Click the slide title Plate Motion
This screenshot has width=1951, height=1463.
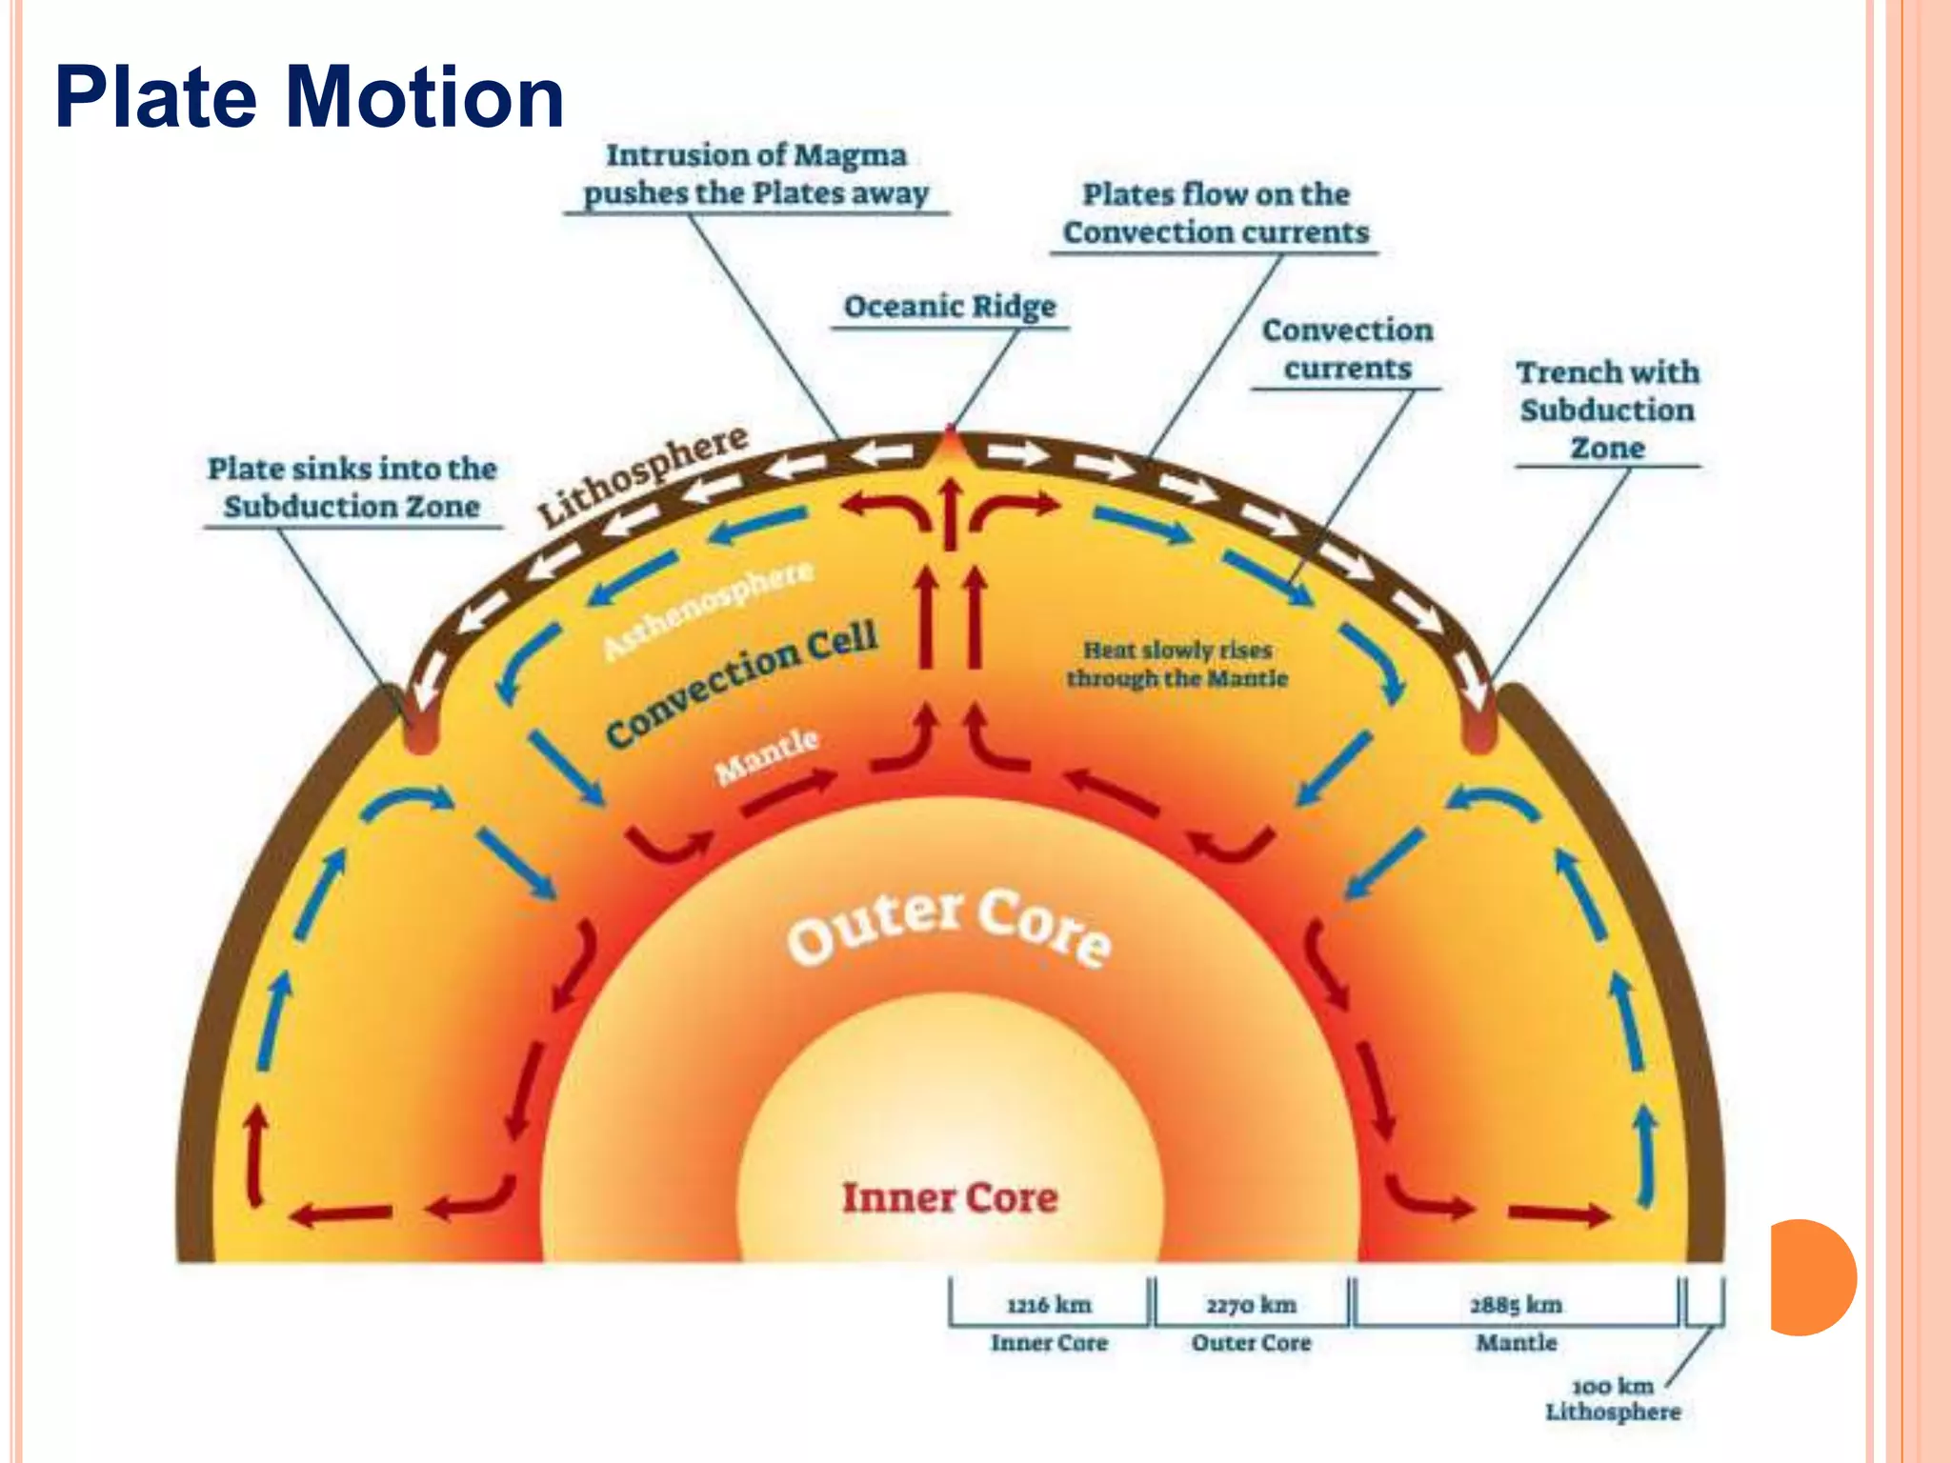click(310, 97)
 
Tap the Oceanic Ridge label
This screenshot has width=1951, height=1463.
click(950, 307)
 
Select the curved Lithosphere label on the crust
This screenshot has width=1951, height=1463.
click(643, 473)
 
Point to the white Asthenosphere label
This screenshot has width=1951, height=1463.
click(710, 610)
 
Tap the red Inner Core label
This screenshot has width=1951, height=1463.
click(950, 1197)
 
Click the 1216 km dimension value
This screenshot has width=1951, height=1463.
click(1049, 1305)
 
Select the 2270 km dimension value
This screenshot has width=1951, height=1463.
click(1251, 1305)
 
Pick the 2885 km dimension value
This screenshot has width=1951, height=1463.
click(1516, 1305)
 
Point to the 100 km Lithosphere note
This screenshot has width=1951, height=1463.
click(1613, 1399)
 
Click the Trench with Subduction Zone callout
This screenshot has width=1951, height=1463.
click(1607, 410)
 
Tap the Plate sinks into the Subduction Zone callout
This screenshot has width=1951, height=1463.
click(352, 487)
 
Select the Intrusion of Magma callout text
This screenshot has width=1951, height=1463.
click(756, 174)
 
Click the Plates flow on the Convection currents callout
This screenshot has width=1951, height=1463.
click(1216, 213)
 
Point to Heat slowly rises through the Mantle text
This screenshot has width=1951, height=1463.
click(1177, 664)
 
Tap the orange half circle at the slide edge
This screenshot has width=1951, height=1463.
click(1810, 1276)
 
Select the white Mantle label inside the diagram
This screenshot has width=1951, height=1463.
click(767, 756)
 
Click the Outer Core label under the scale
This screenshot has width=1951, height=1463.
click(1251, 1343)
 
